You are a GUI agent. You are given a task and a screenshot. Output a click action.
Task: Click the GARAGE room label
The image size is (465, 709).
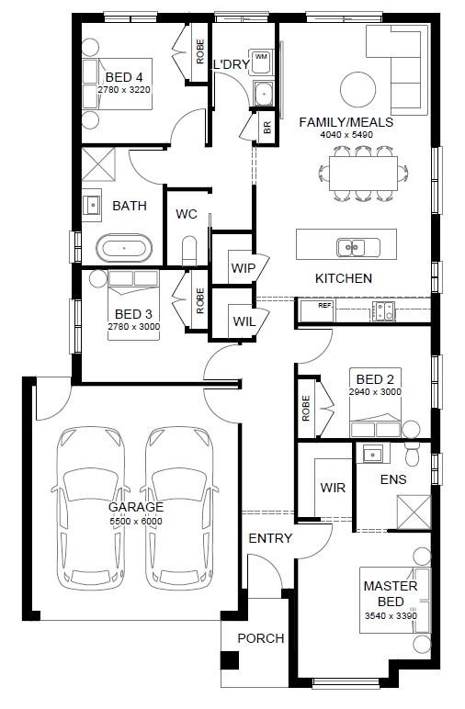click(136, 507)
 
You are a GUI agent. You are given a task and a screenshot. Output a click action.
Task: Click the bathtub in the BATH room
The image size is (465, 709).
click(124, 248)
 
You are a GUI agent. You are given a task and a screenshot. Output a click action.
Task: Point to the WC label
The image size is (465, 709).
click(187, 214)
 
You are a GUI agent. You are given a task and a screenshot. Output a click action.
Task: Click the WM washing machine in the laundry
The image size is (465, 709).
click(261, 57)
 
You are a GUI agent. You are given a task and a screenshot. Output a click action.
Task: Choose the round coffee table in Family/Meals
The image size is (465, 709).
click(357, 90)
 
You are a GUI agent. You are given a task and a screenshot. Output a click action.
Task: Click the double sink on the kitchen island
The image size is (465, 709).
click(351, 246)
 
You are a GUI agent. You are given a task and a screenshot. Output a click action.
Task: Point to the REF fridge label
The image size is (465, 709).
click(324, 305)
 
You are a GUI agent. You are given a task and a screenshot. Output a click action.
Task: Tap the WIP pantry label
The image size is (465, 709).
click(243, 268)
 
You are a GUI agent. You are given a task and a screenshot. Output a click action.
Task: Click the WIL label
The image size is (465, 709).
click(243, 321)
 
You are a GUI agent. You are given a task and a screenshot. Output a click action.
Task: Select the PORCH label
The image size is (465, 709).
click(261, 638)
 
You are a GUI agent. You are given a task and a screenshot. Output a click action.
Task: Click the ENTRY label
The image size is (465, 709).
click(270, 538)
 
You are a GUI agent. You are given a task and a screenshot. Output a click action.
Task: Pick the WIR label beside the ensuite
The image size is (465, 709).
click(333, 488)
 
